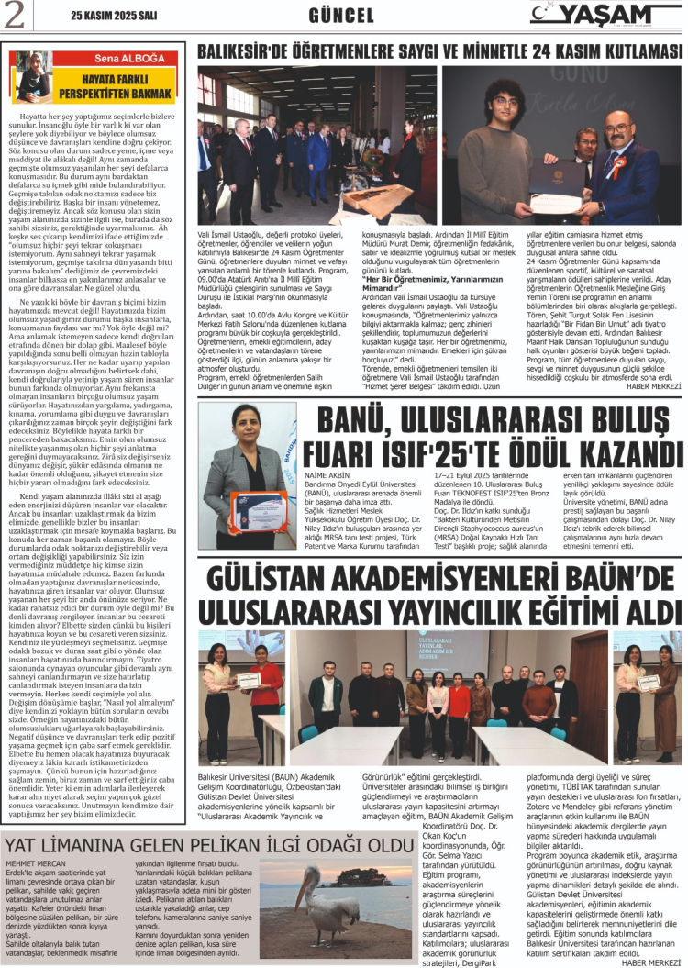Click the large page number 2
[15, 16]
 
